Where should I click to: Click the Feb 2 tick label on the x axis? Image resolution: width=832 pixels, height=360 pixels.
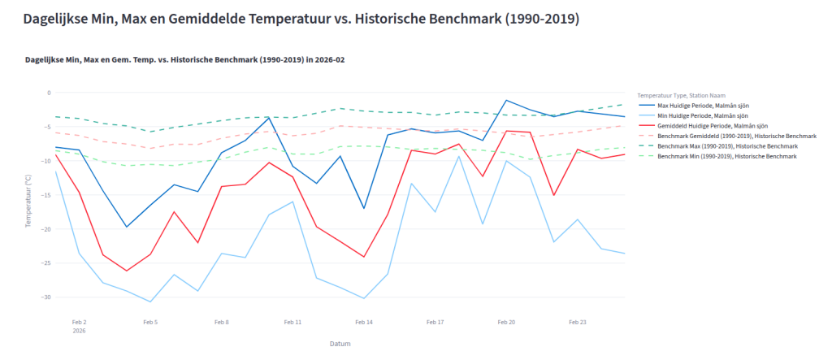coord(79,322)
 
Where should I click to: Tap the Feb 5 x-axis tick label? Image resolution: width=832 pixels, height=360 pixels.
coord(150,322)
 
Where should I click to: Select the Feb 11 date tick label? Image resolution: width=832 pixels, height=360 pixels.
coord(292,322)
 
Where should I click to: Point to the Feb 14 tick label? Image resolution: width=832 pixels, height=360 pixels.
coord(364,322)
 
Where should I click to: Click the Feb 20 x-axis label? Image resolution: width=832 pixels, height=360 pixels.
coord(506,322)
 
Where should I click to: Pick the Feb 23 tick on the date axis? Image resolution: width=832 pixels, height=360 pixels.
coord(578,322)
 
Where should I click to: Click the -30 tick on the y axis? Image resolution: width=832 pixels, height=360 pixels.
coord(45,297)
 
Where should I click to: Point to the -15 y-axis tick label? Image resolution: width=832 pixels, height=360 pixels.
coord(45,195)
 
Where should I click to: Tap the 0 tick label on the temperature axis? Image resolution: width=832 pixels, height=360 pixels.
coord(48,93)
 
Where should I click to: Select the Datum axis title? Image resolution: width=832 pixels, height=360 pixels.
coord(340,344)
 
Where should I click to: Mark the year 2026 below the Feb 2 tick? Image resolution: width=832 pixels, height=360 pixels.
coord(79,331)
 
